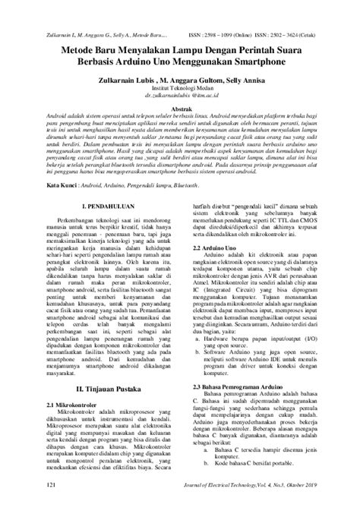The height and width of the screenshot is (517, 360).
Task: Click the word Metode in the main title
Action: [x=74, y=47]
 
